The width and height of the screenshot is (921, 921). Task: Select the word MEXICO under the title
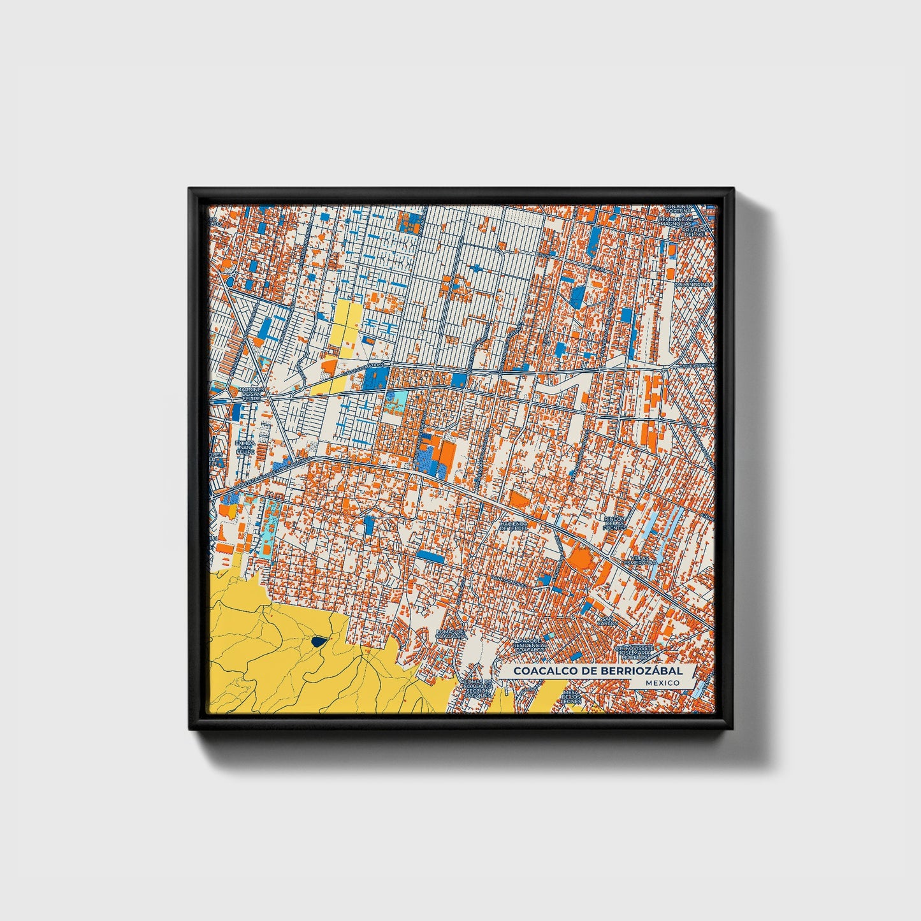click(661, 683)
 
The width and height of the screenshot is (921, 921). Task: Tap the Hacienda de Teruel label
click(514, 525)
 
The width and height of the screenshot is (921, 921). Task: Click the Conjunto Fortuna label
click(678, 209)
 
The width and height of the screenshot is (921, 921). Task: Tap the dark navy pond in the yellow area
click(317, 642)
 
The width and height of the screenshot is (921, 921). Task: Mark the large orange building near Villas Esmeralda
click(580, 559)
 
